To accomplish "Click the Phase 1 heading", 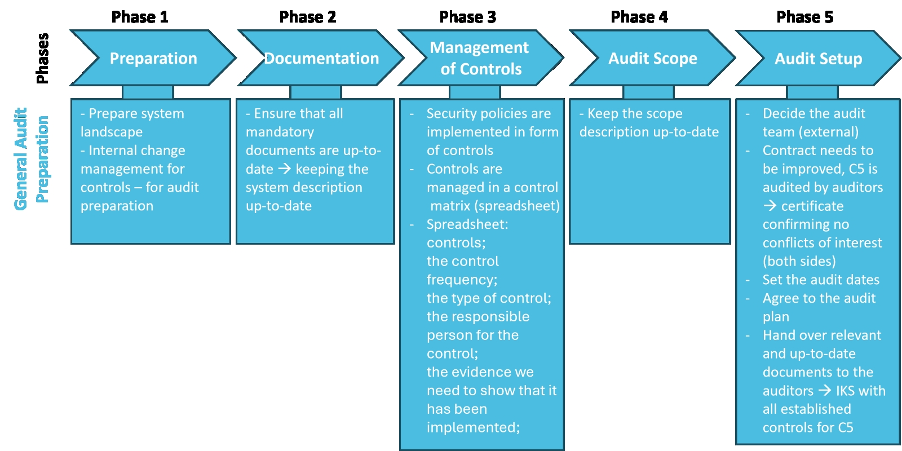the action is pos(139,17).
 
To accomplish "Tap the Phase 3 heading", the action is pos(467,17).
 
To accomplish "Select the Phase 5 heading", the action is pos(804,17).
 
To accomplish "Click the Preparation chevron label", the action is pos(153,59).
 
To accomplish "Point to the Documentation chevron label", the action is pos(321,59).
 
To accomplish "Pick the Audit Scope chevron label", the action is pos(652,59).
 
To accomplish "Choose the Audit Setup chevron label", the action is pos(818,59).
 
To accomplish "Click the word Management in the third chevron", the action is pos(479,48).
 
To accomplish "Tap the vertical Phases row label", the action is pos(42,59).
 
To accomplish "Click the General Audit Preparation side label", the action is pos(31,159).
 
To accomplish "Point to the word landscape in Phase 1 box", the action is pos(112,132).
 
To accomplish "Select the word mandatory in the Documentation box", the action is pos(280,132).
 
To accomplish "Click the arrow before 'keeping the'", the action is pos(284,169).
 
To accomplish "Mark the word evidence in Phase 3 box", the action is pos(480,372).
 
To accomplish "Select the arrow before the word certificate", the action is pos(770,206).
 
